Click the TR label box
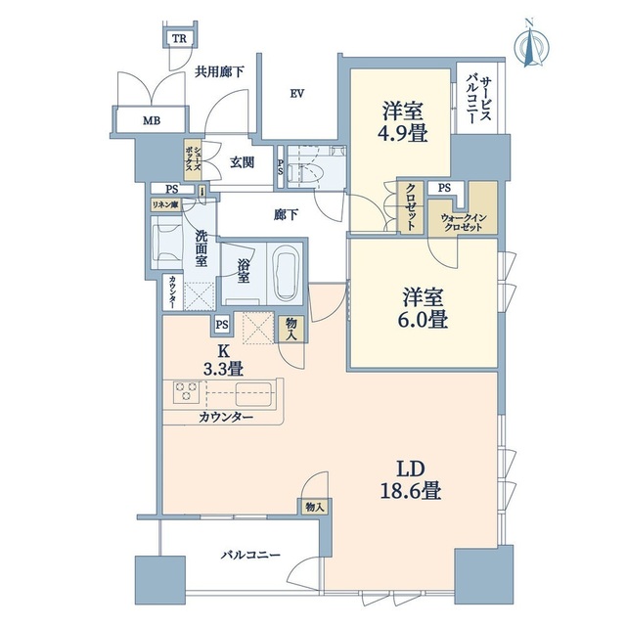pos(179,39)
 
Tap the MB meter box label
pos(152,120)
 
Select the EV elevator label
pos(297,94)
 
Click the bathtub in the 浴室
pos(286,272)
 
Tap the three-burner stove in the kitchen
pos(186,391)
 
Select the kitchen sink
pos(253,394)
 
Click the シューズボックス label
pos(193,159)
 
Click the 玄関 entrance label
pos(242,162)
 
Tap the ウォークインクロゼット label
pos(463,223)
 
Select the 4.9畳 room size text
pos(402,133)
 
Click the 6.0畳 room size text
pos(423,320)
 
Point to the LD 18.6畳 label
pos(411,480)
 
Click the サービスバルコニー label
pos(478,100)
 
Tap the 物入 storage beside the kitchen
pos(291,330)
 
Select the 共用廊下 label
pos(219,71)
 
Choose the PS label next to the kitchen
pos(222,325)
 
